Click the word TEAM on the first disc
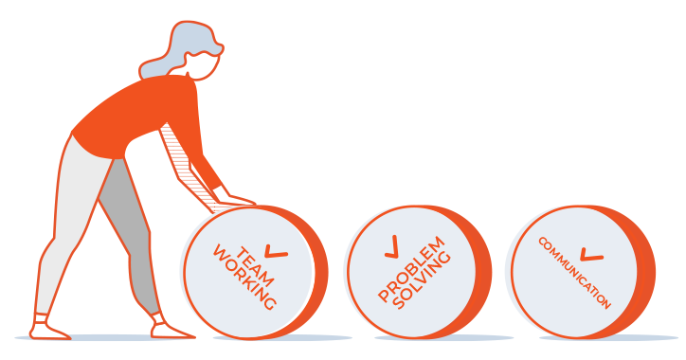click(x=255, y=266)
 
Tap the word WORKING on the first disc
click(x=244, y=278)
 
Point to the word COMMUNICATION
click(x=574, y=274)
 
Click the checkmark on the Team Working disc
click(x=276, y=251)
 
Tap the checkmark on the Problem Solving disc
click(x=392, y=246)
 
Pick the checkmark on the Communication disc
click(x=591, y=255)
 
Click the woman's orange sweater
click(x=144, y=116)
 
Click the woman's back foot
click(x=49, y=328)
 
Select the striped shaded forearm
click(x=189, y=171)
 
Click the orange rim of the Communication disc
click(x=644, y=272)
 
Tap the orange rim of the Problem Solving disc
click(x=480, y=272)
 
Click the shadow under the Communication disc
click(x=608, y=338)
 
